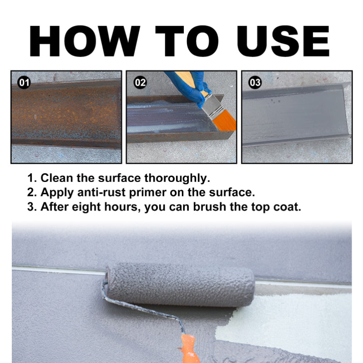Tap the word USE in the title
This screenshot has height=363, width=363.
(283, 41)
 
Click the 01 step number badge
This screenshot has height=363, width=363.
(24, 83)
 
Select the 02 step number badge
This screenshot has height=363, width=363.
(140, 83)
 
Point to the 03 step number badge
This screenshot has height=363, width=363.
(255, 83)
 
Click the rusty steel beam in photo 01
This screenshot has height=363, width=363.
(66, 113)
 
